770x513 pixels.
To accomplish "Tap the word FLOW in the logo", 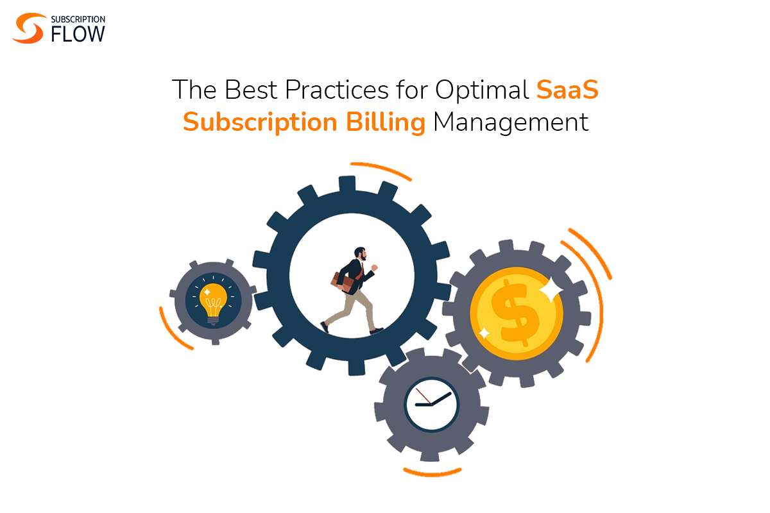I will point(77,34).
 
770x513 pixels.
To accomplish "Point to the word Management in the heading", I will point(511,122).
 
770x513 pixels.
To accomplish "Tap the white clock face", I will point(432,404).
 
